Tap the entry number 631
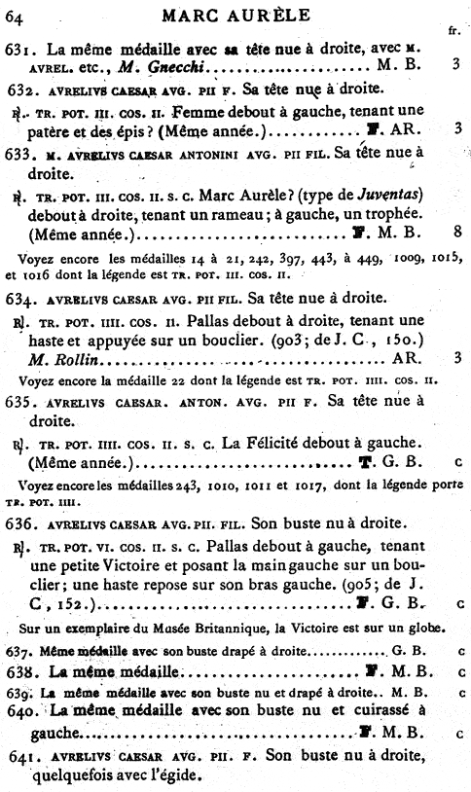(x=18, y=46)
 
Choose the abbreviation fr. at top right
(x=453, y=30)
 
